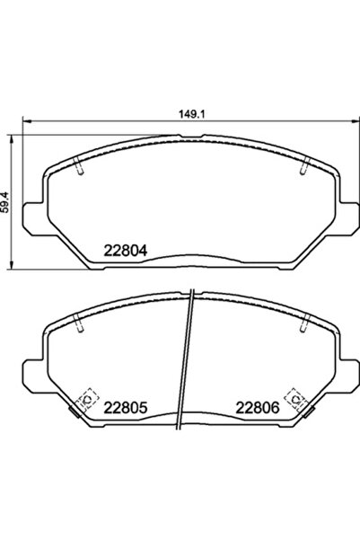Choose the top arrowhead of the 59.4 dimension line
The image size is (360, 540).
pyautogui.click(x=13, y=137)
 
